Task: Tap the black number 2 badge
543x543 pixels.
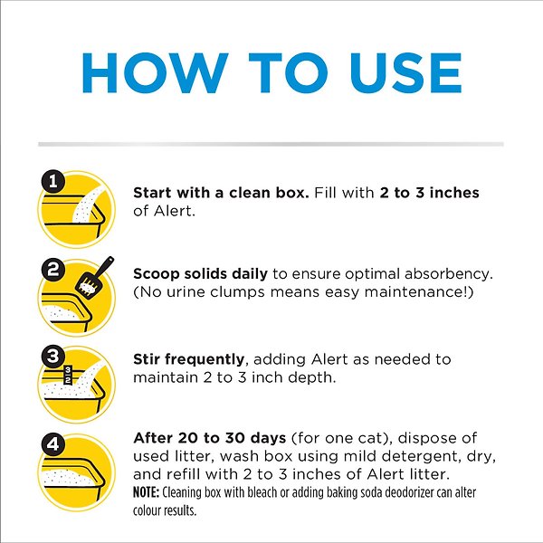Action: (x=52, y=268)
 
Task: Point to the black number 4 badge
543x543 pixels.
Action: (x=52, y=443)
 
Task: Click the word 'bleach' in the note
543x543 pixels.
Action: (x=279, y=493)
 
